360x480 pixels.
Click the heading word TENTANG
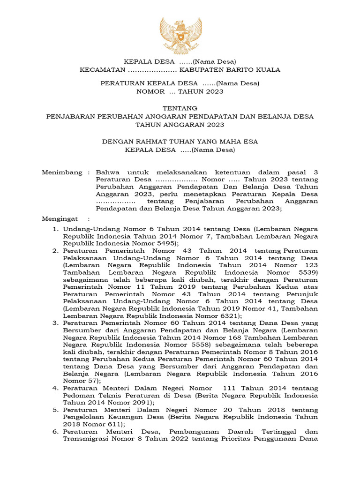(x=180, y=108)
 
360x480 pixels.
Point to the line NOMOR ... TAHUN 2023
(x=180, y=91)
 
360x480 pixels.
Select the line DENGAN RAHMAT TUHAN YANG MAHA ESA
(x=180, y=141)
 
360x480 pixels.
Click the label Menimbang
(x=62, y=172)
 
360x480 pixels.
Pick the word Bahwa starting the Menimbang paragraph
(x=106, y=172)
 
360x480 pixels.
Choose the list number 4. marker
(x=55, y=389)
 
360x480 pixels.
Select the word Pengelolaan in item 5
(x=86, y=417)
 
